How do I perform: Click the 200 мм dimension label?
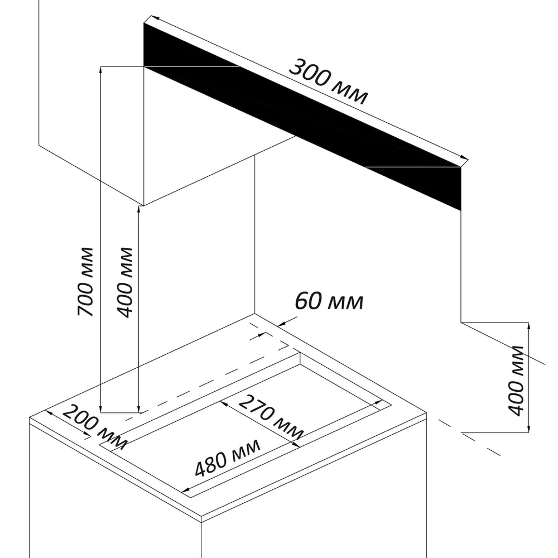[94, 426]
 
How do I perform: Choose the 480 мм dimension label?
[228, 457]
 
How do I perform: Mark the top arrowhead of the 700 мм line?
[100, 69]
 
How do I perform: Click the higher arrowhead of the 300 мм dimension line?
[147, 24]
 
